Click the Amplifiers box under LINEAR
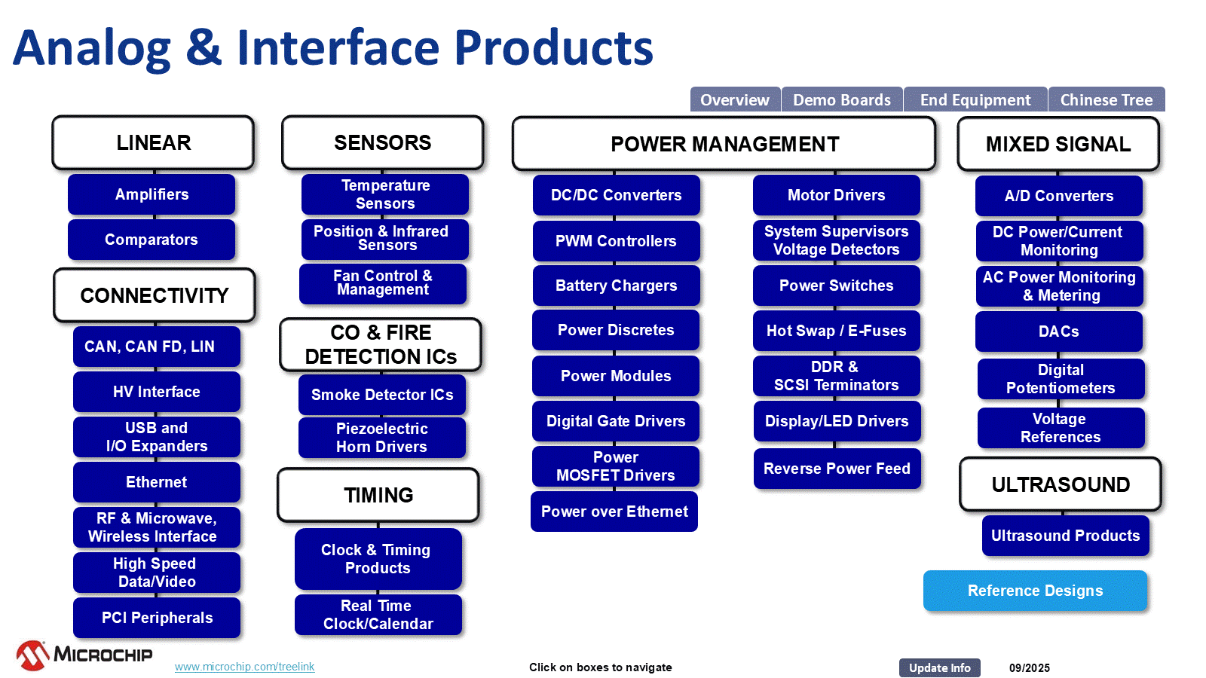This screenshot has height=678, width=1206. tap(152, 194)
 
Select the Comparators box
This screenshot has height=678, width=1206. tap(152, 240)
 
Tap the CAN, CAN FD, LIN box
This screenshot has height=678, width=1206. tap(157, 347)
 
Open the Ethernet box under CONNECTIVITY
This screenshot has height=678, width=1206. tap(157, 482)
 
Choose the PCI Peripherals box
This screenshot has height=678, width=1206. tap(157, 618)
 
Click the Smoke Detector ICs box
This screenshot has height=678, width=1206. tap(382, 395)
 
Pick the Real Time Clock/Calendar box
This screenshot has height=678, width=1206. tap(378, 615)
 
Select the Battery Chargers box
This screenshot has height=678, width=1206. tap(616, 286)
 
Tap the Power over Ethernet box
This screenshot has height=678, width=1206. tap(614, 512)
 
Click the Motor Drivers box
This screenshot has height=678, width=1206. tap(837, 195)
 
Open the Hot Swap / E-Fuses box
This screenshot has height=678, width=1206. tap(837, 331)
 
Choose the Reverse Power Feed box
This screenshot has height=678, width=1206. tap(837, 469)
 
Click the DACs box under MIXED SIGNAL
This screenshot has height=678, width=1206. tap(1059, 331)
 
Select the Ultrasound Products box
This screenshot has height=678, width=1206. tap(1065, 536)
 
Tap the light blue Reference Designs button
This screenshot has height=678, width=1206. tap(1035, 591)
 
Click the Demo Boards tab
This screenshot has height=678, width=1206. tap(842, 99)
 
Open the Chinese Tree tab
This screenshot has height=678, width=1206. tap(1106, 99)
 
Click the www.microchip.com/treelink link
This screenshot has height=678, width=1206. tap(245, 667)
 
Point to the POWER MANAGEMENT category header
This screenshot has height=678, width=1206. tap(724, 144)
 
